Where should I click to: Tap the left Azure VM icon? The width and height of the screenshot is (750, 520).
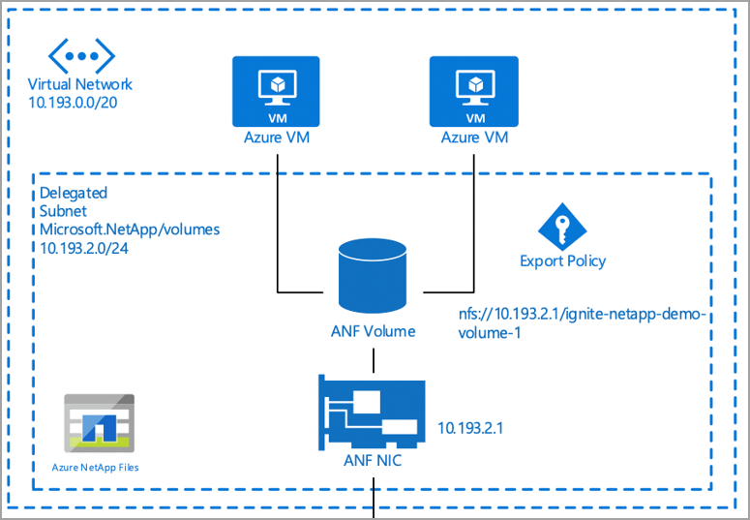pyautogui.click(x=278, y=91)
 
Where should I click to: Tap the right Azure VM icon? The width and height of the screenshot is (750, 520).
pyautogui.click(x=473, y=91)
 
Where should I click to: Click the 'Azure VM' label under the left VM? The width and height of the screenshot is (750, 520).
pyautogui.click(x=278, y=138)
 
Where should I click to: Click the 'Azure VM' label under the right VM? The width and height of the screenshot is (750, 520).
pyautogui.click(x=473, y=138)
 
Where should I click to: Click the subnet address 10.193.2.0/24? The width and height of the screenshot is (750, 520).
pyautogui.click(x=87, y=247)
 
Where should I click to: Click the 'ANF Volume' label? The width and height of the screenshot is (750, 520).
pyautogui.click(x=373, y=331)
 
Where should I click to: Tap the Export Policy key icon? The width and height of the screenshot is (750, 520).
pyautogui.click(x=563, y=227)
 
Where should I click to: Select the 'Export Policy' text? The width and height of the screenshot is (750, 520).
pyautogui.click(x=563, y=260)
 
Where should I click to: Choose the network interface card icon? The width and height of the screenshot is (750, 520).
pyautogui.click(x=373, y=413)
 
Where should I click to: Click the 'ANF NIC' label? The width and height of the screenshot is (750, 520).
pyautogui.click(x=373, y=461)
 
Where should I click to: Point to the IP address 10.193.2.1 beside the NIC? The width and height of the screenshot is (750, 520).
pyautogui.click(x=474, y=426)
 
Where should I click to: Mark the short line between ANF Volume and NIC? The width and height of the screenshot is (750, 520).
pyautogui.click(x=373, y=358)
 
